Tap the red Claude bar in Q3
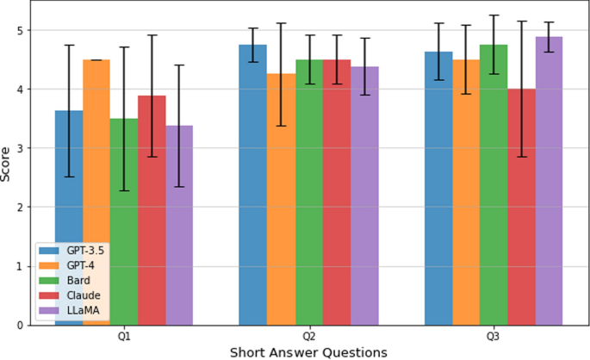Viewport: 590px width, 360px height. pyautogui.click(x=522, y=207)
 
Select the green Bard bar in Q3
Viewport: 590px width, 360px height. pyautogui.click(x=494, y=184)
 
